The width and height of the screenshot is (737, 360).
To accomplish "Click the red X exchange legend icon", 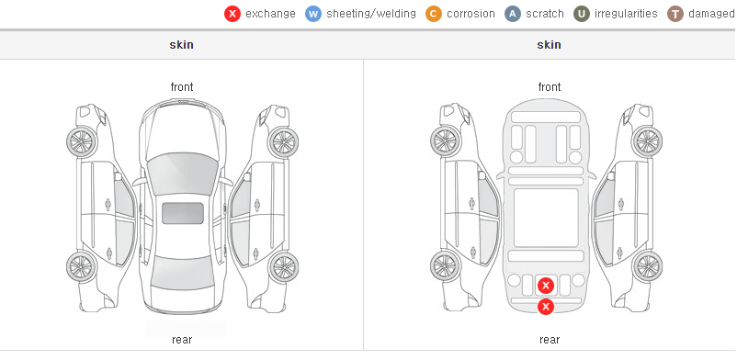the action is coord(232,14).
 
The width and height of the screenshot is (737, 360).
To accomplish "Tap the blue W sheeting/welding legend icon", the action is coord(313,14).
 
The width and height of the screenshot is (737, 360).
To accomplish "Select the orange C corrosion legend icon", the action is coord(434,14).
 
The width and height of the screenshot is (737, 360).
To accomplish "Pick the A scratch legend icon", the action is coord(513,14).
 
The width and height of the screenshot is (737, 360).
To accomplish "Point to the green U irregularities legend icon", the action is coord(582,14).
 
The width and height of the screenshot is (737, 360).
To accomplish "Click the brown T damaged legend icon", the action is coord(675,14).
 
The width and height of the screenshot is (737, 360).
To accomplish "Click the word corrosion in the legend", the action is coord(471,14).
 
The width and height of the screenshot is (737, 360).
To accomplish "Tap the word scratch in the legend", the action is coord(545,14).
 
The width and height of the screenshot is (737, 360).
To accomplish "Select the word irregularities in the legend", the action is coord(626,14).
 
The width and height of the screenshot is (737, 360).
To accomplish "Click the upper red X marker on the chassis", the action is coord(546,286).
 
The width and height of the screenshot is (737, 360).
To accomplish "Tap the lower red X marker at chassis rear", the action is coord(546,307).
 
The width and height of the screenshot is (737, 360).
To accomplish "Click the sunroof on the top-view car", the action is coord(183,213).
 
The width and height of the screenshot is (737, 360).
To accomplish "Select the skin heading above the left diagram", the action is coord(181,45).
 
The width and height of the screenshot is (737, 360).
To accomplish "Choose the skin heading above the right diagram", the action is coord(549,45).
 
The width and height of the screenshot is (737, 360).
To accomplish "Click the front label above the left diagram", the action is coord(182,87).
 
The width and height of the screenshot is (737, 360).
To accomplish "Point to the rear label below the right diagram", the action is coord(550,340).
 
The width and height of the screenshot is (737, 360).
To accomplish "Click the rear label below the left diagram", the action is coord(182,340).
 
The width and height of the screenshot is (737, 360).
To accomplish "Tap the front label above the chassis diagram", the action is coord(550,87).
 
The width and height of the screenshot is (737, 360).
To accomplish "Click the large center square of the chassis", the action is coord(546,218).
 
